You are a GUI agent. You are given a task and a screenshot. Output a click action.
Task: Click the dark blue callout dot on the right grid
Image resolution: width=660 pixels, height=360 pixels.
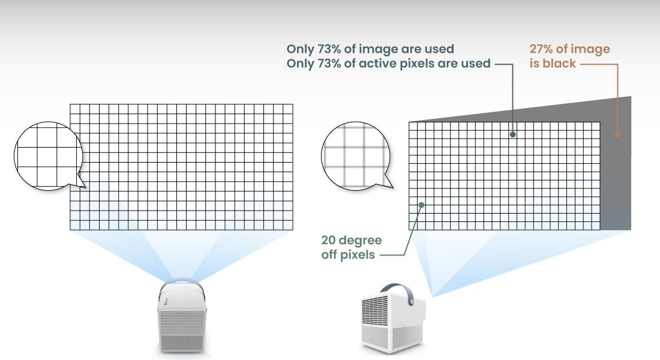coord(512,134)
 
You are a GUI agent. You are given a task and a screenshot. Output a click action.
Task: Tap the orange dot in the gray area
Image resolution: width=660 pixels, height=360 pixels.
coord(617,134)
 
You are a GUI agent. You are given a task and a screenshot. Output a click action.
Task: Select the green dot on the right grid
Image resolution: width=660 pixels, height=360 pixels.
coord(421,205)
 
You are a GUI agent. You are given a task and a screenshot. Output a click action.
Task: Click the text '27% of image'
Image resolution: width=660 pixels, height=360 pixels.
coord(569,49)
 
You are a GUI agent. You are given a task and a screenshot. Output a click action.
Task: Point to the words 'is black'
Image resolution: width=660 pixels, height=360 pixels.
coord(553,64)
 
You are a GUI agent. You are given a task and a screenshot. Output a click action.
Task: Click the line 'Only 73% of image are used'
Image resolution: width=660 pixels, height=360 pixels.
coord(370,49)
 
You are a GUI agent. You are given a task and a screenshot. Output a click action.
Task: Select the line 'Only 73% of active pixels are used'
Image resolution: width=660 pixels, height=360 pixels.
coord(389,64)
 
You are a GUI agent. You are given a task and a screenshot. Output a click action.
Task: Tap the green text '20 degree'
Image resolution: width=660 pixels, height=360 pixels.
coord(352,241)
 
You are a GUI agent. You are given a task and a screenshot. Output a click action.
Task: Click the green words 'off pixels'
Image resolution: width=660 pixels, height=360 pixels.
coord(348,255)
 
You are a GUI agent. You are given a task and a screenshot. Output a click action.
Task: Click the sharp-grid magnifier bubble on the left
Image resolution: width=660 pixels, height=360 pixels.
coord(48,156)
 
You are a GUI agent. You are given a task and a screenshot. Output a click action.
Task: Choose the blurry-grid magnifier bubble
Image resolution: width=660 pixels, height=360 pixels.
coord(356,156)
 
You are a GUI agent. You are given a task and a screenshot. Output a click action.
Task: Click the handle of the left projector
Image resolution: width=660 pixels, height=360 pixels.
coord(182,283)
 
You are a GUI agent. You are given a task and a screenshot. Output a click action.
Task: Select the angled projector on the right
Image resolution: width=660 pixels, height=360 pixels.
coord(394,319)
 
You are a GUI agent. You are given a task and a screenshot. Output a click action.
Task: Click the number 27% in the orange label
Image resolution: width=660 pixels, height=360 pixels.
coord(541,49)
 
